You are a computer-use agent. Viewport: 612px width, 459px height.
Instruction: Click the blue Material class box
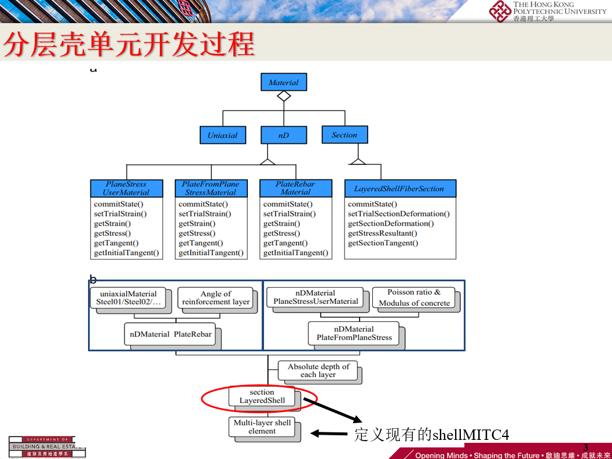click(283, 82)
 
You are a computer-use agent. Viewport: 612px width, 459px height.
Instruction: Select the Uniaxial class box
click(222, 135)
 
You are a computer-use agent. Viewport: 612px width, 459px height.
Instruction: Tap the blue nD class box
click(283, 135)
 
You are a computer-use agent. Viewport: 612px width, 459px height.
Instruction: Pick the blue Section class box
click(345, 135)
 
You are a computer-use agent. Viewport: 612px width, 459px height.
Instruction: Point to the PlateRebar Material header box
click(295, 188)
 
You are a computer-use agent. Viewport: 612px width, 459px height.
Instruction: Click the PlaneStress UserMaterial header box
click(126, 188)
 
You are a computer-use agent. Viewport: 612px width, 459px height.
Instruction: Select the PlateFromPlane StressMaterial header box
click(211, 188)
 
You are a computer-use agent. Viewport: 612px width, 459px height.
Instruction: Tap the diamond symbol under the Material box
click(283, 96)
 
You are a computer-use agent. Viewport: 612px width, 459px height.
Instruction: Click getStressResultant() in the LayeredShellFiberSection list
click(382, 233)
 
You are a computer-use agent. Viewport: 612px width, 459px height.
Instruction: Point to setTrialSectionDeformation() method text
click(398, 214)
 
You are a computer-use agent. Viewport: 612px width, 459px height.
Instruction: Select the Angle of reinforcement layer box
click(215, 298)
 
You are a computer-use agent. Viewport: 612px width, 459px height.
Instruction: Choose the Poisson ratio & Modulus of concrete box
click(414, 298)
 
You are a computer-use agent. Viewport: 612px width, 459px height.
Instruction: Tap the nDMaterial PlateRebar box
click(170, 334)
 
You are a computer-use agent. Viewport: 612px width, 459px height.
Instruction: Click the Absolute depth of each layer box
click(318, 370)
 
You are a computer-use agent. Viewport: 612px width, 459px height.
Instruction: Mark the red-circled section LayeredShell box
click(262, 396)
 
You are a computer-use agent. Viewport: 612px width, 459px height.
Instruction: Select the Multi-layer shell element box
click(262, 427)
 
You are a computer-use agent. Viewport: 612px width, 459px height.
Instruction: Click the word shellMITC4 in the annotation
click(471, 435)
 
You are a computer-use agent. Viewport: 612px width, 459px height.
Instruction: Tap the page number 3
click(585, 447)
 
